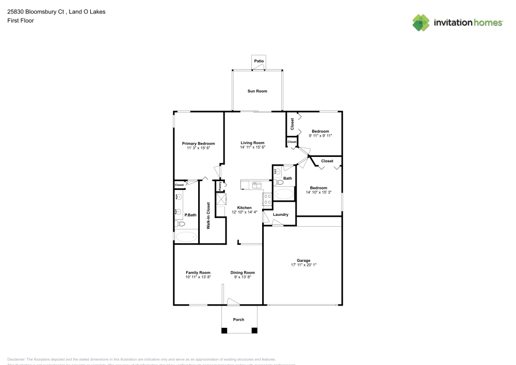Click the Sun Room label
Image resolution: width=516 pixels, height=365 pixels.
(257, 91)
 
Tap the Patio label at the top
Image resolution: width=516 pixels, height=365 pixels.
(259, 61)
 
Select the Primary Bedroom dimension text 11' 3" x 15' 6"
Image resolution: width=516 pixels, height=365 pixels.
(198, 148)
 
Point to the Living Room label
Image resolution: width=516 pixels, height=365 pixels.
(252, 142)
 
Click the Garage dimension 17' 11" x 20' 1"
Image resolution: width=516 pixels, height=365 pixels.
(303, 265)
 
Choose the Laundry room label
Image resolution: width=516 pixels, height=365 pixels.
(280, 214)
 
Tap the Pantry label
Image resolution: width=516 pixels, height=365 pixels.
(220, 185)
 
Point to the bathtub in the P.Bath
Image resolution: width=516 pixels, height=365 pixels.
(186, 237)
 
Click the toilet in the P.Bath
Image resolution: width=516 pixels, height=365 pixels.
(179, 224)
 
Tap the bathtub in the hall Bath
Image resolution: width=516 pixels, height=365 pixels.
(283, 194)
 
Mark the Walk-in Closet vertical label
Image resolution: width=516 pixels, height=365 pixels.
(208, 215)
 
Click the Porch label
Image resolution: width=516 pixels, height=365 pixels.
(238, 320)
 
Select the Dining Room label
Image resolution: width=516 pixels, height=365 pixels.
(243, 273)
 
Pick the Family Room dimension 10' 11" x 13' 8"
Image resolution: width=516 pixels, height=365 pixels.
(198, 277)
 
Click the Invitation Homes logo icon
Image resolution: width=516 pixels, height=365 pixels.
(421, 22)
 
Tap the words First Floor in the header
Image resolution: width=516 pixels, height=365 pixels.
(20, 21)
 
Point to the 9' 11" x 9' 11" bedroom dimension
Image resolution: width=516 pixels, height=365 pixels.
(320, 136)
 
